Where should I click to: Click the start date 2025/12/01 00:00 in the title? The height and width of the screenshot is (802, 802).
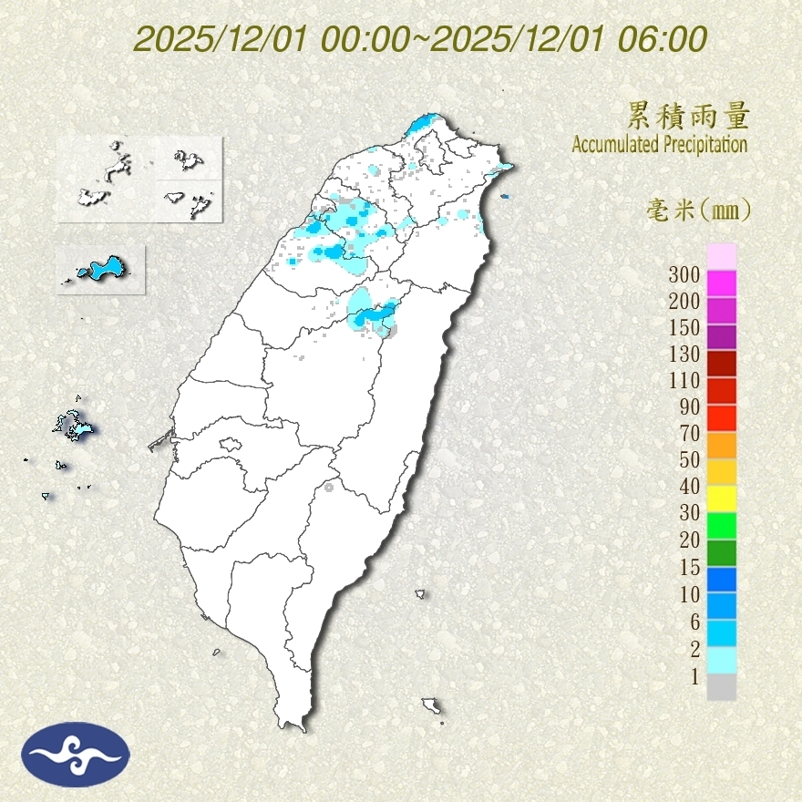coord(277,39)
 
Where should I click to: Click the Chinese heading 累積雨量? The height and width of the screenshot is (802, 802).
coord(688,117)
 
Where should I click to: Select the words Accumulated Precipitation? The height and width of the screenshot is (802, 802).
coord(659,144)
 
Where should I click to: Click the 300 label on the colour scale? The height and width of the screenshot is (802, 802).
coord(684,274)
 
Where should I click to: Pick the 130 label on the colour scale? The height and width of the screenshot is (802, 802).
coord(684,354)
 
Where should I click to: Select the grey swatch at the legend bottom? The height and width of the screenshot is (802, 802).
coord(721,687)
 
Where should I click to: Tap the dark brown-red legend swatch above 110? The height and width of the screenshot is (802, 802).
coord(721,364)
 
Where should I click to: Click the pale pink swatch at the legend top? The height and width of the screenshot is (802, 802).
coord(721,256)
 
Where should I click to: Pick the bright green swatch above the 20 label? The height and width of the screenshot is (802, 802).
coord(721,525)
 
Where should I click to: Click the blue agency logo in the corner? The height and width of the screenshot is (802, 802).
coord(76,754)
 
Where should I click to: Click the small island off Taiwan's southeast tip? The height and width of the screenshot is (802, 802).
coord(432,705)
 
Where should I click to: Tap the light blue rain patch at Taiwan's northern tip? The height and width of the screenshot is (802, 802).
coord(423,124)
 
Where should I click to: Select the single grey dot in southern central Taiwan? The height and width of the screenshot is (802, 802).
coord(329,488)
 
